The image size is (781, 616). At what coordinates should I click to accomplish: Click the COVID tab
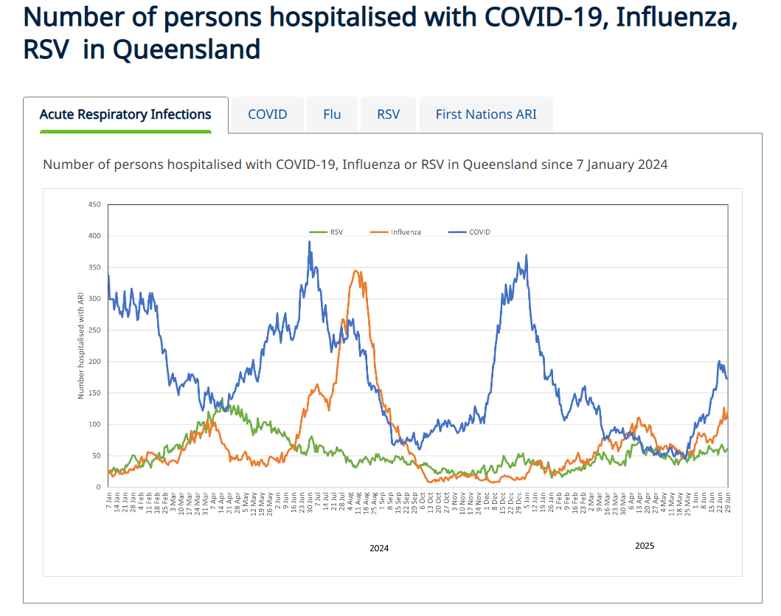tap(267, 114)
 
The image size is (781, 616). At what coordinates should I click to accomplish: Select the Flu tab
tap(332, 114)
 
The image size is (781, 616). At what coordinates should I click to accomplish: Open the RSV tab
tap(388, 114)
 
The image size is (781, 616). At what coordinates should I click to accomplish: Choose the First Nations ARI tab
tap(486, 114)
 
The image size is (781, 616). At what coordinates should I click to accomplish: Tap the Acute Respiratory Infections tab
tap(125, 114)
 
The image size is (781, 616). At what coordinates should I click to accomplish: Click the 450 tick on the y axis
tap(94, 204)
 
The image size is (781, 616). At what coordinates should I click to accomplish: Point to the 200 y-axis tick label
tap(94, 361)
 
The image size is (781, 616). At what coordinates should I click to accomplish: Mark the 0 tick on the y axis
tap(98, 487)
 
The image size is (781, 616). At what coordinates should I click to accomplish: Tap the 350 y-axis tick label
tap(94, 267)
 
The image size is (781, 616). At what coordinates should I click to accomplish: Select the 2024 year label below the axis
tap(379, 548)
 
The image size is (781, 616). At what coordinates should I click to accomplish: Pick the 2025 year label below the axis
tap(645, 546)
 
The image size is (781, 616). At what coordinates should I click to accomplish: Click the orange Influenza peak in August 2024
tap(356, 271)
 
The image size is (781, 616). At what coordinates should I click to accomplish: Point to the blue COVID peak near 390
tap(309, 242)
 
